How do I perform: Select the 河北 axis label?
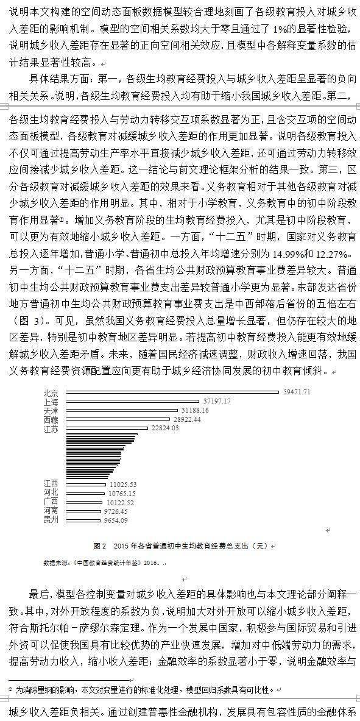(51, 492)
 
